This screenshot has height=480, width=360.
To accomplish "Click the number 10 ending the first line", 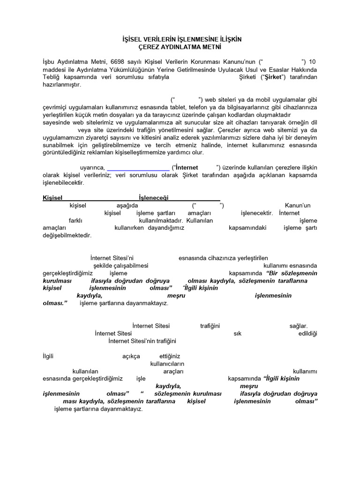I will (x=314, y=61).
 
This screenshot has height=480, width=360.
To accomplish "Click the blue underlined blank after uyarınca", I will (x=138, y=167).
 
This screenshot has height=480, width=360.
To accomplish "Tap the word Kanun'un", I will (x=298, y=205).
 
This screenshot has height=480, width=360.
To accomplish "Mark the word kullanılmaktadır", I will (x=158, y=220).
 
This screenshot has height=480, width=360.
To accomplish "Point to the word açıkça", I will (x=131, y=356).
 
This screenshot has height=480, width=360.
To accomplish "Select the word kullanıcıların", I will (x=167, y=363).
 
